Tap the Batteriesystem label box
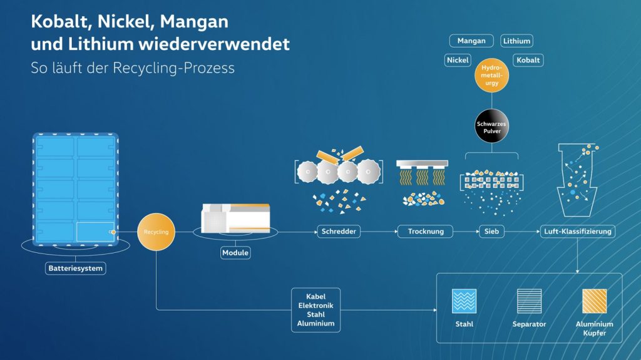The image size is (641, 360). [x=76, y=269]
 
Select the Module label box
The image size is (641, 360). [x=235, y=253]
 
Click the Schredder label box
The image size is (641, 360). [x=339, y=232]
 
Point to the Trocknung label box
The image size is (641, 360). [x=426, y=232]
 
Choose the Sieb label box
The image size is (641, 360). [x=491, y=232]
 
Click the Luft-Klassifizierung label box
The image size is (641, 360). [x=577, y=232]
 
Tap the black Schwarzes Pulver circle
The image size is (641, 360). [x=491, y=128]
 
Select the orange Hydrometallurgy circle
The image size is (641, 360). [x=491, y=75]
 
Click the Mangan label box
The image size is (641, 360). [x=471, y=41]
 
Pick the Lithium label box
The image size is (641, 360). [x=516, y=41]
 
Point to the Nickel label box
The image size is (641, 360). [x=458, y=60]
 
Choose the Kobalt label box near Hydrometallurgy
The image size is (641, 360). [x=528, y=60]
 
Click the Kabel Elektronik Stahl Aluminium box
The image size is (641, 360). [x=315, y=310]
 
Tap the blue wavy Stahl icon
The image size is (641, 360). [x=464, y=301]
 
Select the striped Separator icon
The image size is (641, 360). [x=529, y=301]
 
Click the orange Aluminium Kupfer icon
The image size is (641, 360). [x=594, y=301]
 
